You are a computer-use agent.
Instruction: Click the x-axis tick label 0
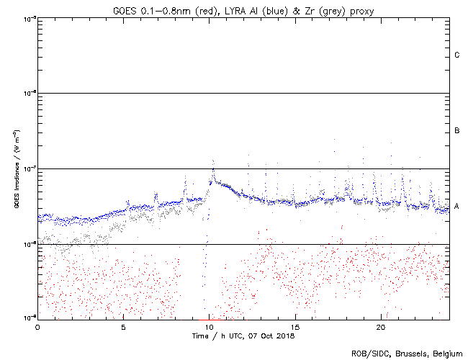click(37, 327)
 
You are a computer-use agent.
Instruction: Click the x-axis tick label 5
click(123, 327)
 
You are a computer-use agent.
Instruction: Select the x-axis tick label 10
click(209, 327)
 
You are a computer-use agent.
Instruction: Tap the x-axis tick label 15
click(295, 327)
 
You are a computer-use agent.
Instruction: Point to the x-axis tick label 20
click(381, 327)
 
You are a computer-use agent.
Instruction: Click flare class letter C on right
click(457, 55)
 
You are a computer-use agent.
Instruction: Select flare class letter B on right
click(457, 131)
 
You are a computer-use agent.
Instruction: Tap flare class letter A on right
click(457, 207)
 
